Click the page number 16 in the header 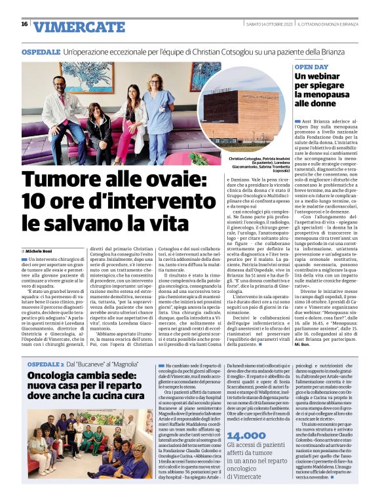pyautogui.click(x=24, y=24)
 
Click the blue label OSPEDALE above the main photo pyautogui.click(x=40, y=50)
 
